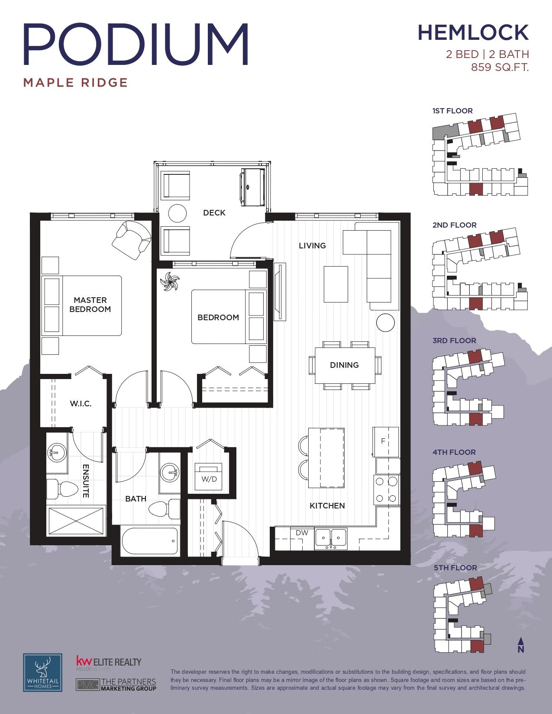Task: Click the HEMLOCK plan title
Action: [x=473, y=33]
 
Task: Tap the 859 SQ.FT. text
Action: [x=500, y=67]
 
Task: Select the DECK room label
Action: [x=214, y=212]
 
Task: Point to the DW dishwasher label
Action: [x=302, y=533]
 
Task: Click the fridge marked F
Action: [x=385, y=442]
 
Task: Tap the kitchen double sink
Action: [x=331, y=539]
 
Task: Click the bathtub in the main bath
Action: [x=150, y=540]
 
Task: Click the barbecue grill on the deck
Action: [x=252, y=187]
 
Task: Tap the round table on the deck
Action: [x=178, y=213]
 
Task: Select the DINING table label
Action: [x=344, y=365]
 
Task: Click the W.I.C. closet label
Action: [x=81, y=403]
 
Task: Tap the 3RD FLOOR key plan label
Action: [x=454, y=341]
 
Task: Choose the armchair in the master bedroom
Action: [x=131, y=240]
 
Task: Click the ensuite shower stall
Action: [x=76, y=521]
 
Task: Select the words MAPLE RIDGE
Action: [x=76, y=83]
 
